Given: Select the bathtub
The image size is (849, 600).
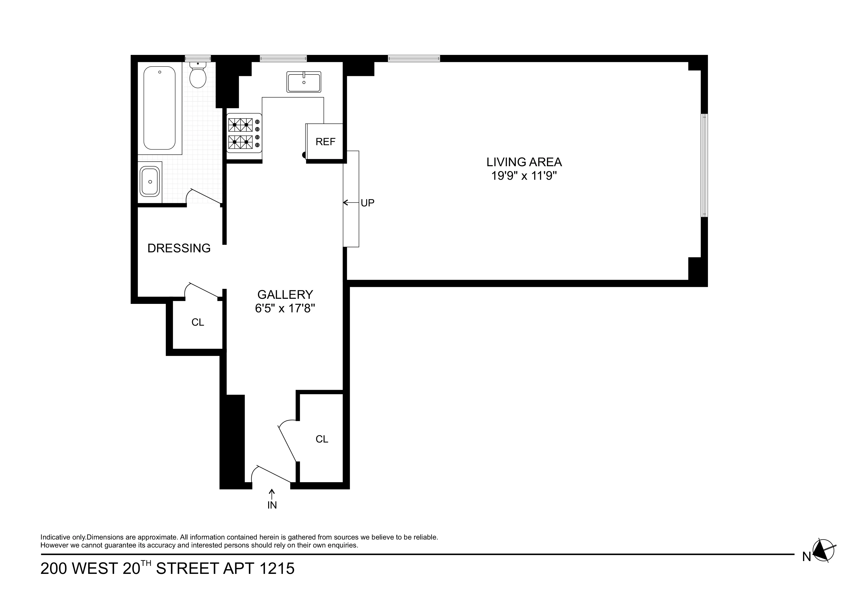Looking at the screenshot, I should [x=159, y=108].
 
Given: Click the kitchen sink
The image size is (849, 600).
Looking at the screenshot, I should [x=303, y=82].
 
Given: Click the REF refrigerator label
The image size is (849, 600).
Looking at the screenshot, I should [x=326, y=142].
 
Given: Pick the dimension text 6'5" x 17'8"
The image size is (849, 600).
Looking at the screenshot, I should [x=285, y=308].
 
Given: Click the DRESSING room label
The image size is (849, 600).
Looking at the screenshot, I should [x=179, y=248].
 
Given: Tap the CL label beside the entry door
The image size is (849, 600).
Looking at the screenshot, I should [x=322, y=439].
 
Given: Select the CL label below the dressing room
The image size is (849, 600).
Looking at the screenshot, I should [x=197, y=322].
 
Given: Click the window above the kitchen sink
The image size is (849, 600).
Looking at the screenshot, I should [x=283, y=58].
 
